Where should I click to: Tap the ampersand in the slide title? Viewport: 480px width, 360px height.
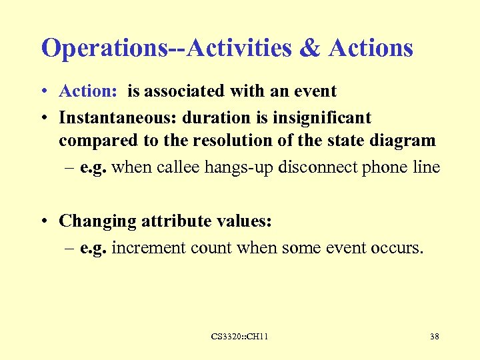click(310, 48)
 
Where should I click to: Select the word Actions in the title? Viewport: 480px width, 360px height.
click(371, 48)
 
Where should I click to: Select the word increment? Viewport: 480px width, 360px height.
click(149, 248)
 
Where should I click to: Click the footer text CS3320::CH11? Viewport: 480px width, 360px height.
click(239, 337)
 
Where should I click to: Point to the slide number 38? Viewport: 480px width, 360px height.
click(434, 337)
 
